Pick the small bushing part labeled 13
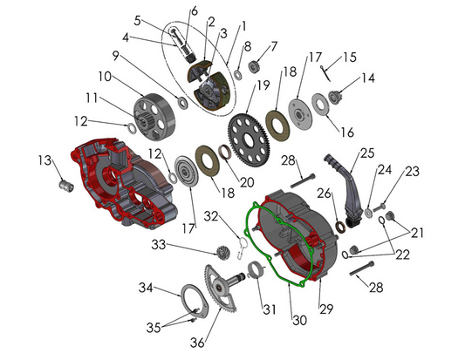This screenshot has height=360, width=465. point(62,186)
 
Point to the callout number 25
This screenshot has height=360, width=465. point(367,152)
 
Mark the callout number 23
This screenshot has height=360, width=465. point(412,172)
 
